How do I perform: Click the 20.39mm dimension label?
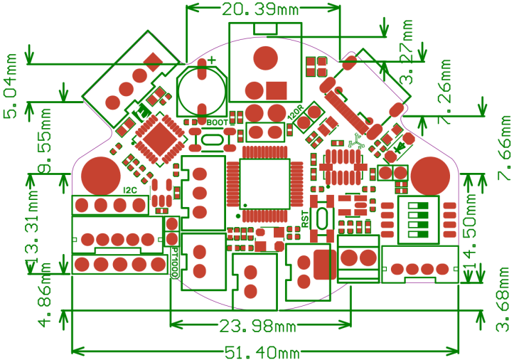[260, 10]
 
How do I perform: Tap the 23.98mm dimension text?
[257, 327]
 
